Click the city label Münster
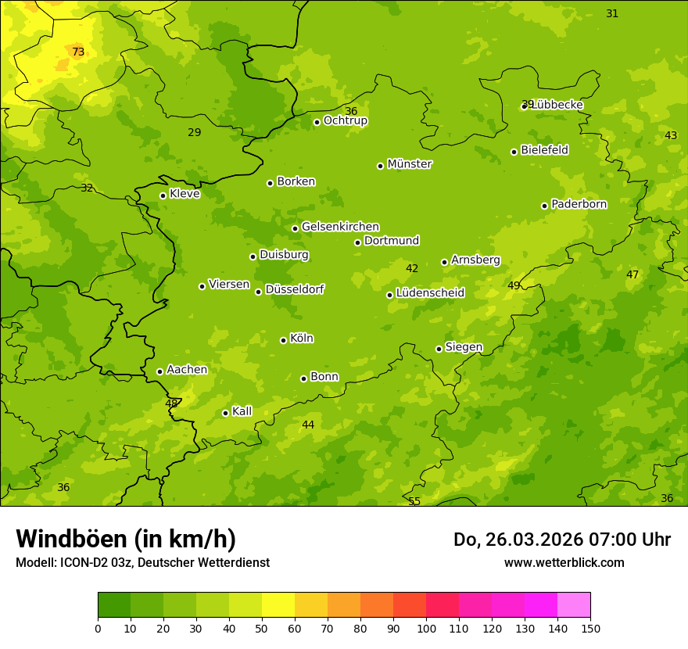(x=410, y=164)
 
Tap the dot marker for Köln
(x=283, y=340)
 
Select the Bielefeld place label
(x=544, y=150)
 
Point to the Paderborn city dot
(x=544, y=206)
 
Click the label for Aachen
(x=187, y=370)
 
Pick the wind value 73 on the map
(x=78, y=52)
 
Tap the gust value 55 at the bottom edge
(x=414, y=501)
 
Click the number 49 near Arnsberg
(x=514, y=285)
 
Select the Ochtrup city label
(x=345, y=121)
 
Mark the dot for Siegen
(x=439, y=349)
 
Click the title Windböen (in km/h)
(x=126, y=539)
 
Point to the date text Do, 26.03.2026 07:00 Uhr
(x=561, y=540)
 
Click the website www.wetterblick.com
(x=564, y=563)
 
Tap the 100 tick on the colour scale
(x=426, y=628)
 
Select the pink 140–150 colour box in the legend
(x=574, y=605)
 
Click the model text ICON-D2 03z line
(x=142, y=563)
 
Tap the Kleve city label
(x=185, y=194)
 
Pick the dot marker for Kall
(x=225, y=413)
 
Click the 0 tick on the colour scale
(x=98, y=628)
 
